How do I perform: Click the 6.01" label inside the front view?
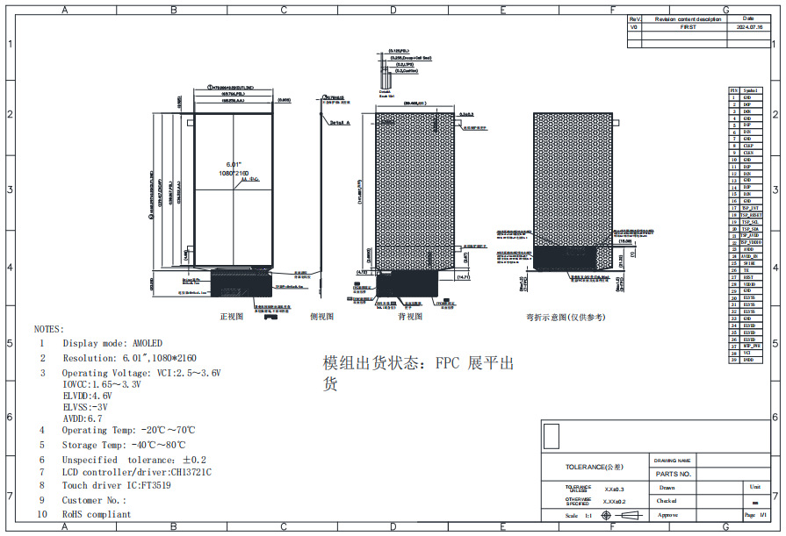tap(234, 164)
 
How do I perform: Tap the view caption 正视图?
tap(231, 317)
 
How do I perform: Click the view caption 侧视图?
tap(321, 317)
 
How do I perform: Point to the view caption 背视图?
tap(410, 317)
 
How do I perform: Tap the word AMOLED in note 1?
tap(146, 343)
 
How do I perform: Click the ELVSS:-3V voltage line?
tap(85, 407)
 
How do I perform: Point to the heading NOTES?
tap(48, 329)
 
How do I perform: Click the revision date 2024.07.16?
tap(747, 27)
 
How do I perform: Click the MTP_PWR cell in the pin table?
tap(751, 346)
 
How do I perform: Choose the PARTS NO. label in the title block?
tap(674, 474)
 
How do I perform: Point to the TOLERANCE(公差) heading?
tap(595, 467)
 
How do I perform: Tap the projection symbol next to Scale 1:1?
tap(607, 515)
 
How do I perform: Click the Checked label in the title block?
tap(667, 501)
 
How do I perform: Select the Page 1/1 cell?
tap(755, 515)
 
